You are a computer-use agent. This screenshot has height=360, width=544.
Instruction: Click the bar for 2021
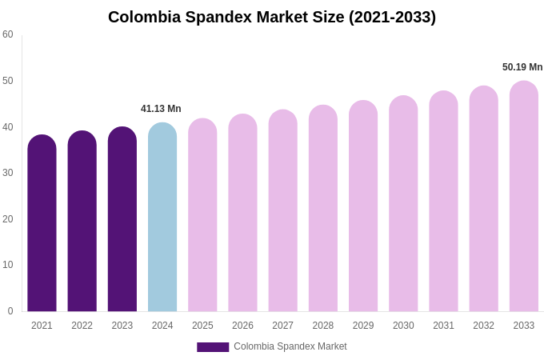tap(42, 224)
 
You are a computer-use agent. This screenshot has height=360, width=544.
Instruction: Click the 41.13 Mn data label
tap(161, 109)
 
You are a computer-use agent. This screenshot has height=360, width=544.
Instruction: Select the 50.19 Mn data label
tap(522, 67)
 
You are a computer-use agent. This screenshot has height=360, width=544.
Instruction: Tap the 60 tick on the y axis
tap(8, 34)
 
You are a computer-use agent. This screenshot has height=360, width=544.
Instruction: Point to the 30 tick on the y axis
tap(8, 173)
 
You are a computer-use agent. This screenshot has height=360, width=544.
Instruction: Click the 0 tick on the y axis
tap(10, 311)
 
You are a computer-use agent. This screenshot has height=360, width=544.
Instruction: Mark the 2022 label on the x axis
tap(82, 326)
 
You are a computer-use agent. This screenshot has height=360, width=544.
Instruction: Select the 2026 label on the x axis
tap(242, 326)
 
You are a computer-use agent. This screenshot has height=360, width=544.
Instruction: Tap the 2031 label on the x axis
tap(443, 326)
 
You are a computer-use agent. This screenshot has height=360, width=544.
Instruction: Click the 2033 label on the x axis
tap(524, 326)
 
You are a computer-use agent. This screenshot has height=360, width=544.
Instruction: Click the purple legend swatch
tap(213, 347)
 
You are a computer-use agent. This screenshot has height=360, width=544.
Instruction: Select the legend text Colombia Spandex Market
tap(290, 346)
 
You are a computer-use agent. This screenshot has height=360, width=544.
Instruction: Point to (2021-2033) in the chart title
tap(392, 17)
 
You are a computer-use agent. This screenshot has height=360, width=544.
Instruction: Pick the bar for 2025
tap(202, 216)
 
